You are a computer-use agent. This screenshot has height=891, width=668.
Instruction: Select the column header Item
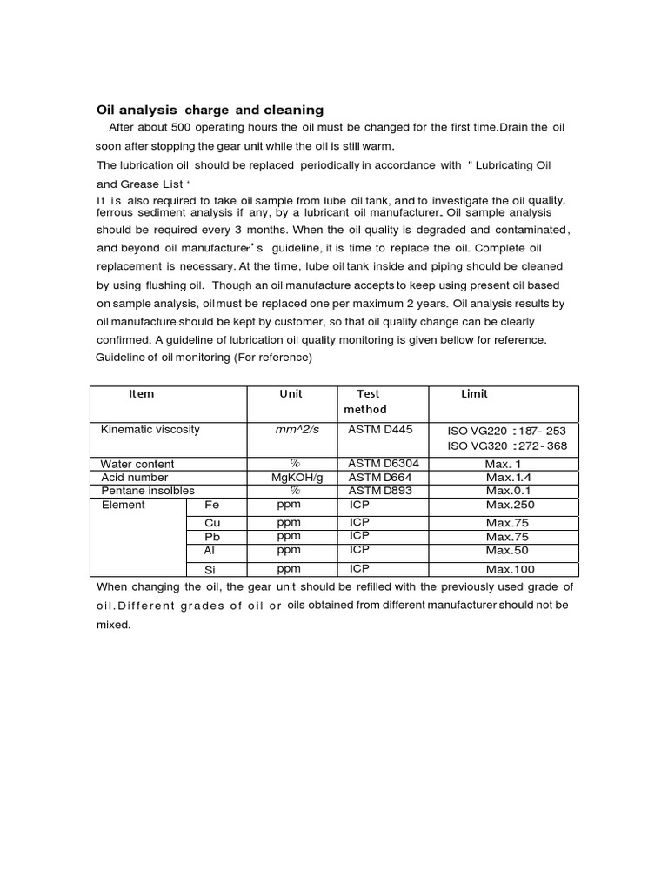pos(141,394)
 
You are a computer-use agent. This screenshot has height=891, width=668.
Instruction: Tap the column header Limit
pos(474,394)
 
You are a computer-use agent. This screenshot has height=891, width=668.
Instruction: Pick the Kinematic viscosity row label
pos(150,430)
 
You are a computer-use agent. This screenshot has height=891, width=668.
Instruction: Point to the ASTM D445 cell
pos(382,430)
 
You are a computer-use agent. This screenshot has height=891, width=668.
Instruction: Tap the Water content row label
pos(137,465)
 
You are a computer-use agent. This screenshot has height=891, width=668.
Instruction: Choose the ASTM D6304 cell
pos(384,465)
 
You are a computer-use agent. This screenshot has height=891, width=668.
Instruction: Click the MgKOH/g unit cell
pos(297,478)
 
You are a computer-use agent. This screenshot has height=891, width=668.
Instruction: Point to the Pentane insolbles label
pos(144,491)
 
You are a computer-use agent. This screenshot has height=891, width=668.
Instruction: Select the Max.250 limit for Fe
pos(510,505)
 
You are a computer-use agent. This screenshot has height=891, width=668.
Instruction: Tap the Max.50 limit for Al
pos(508,551)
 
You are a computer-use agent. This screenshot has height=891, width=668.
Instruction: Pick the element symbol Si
pos(210,569)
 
